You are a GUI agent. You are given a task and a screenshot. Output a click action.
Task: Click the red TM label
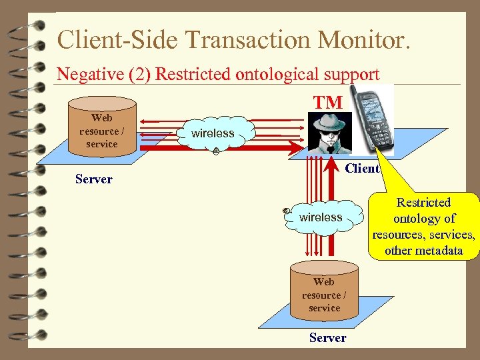click(328, 103)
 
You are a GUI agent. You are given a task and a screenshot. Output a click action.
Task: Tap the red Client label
click(362, 168)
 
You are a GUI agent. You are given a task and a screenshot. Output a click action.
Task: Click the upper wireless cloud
click(213, 134)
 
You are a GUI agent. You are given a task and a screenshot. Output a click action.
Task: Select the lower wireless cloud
click(320, 217)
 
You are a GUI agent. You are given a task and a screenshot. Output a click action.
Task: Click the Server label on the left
click(94, 179)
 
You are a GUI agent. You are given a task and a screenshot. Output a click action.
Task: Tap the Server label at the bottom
click(327, 338)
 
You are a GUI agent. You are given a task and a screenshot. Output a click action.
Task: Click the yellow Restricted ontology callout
click(423, 227)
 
